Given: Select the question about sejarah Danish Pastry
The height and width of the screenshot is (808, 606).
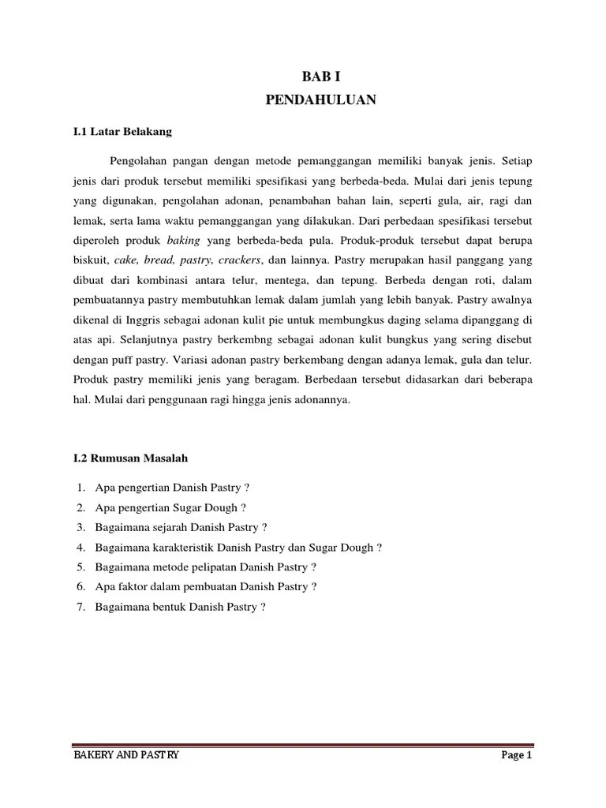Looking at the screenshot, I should [181, 526].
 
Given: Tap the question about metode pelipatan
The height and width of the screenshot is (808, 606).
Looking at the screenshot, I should [205, 567].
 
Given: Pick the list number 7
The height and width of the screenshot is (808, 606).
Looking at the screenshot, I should [81, 607].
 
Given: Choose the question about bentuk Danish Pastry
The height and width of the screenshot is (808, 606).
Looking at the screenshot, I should [179, 607].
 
